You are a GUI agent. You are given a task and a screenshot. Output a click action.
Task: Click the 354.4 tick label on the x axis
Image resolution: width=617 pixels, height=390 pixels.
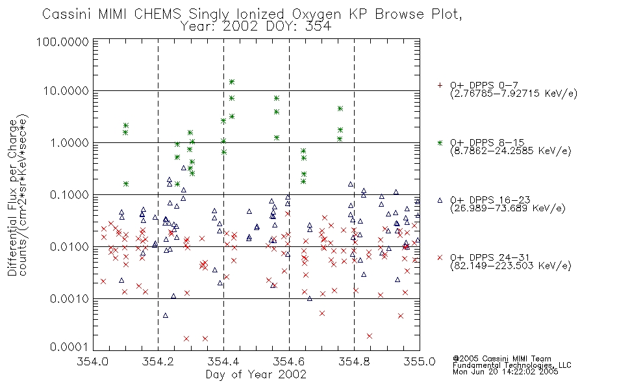coord(223,361)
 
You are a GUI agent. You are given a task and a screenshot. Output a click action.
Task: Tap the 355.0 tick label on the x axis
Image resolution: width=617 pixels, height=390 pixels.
coord(420,361)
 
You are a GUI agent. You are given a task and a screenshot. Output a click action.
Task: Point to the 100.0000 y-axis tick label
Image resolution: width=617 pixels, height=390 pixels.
coord(62,42)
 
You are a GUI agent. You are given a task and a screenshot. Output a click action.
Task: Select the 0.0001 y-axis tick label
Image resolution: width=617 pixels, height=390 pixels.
coord(69,346)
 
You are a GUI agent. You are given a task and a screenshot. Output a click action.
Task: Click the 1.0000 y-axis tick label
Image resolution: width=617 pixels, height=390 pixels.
coord(69,142)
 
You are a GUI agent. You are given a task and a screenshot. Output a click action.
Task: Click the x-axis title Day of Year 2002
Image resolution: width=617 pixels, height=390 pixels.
coord(256,374)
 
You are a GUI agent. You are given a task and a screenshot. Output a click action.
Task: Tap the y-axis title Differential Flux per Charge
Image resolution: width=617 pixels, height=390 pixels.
coord(12,198)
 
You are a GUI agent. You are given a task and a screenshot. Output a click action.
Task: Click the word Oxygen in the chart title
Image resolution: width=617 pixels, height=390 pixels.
coord(316,14)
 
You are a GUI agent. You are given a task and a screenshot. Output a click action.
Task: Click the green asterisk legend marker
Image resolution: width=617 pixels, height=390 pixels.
coord(440,142)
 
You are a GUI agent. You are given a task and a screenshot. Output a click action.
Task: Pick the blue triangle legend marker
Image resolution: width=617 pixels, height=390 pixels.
coord(440,200)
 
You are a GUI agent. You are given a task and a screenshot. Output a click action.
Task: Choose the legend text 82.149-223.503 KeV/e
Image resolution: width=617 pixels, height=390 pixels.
coord(510,266)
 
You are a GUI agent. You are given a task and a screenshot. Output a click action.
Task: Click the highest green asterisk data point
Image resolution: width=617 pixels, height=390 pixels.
coord(232,82)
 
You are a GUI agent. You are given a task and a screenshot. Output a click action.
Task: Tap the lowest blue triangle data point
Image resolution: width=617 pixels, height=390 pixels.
coord(166,315)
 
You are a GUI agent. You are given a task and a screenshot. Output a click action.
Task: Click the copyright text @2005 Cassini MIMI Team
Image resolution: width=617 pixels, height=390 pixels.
coord(502,359)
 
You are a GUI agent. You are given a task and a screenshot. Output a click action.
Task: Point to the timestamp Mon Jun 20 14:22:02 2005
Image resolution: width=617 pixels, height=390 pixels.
coord(505,372)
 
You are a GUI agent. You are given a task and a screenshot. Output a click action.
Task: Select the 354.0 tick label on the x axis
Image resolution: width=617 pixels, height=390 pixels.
coord(93,361)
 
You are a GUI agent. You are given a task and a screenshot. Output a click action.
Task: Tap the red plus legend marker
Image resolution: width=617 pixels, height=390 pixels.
coord(440,85)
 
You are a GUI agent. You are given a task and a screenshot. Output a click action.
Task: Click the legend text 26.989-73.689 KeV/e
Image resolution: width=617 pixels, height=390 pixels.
coord(508,209)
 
